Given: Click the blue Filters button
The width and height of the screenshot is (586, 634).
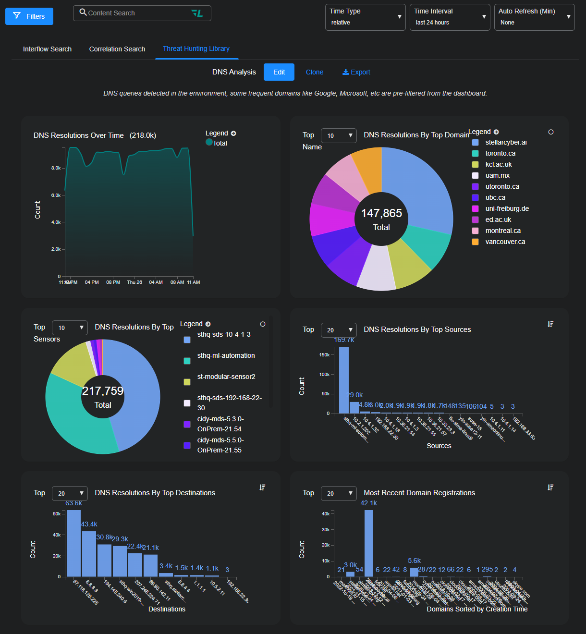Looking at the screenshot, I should [29, 16].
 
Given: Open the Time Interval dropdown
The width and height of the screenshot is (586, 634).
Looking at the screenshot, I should [450, 17].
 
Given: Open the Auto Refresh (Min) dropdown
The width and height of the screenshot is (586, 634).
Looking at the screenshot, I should [534, 17].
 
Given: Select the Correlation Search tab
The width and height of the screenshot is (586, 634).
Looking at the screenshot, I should [117, 49].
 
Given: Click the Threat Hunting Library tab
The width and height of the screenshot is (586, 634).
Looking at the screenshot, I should [196, 49].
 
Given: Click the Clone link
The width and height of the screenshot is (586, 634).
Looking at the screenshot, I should [315, 72].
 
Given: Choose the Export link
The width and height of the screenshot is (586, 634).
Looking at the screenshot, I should [356, 72].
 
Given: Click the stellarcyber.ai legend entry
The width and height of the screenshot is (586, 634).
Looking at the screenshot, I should [506, 142].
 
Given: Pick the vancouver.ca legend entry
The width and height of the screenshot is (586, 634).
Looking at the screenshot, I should [505, 242].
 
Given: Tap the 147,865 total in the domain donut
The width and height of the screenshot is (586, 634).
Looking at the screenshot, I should [381, 213].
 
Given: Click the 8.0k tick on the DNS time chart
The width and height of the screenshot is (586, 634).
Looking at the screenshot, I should [56, 168].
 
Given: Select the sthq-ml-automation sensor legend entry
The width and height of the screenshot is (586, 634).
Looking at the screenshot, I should [226, 355].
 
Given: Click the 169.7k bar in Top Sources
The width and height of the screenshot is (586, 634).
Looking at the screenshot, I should [344, 379].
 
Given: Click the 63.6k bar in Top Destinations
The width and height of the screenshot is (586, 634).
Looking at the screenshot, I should [73, 543].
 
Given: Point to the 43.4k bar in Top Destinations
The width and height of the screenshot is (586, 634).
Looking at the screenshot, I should [89, 553].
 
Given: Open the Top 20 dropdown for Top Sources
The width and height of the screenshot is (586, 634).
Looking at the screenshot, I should [339, 330].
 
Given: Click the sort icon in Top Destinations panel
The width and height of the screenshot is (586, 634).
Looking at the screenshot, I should [262, 488].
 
